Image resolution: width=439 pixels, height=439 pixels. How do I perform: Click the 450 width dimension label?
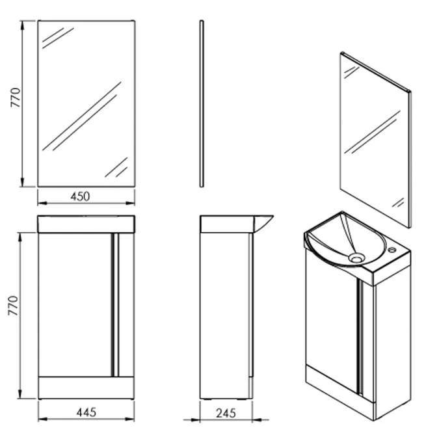tap(79, 196)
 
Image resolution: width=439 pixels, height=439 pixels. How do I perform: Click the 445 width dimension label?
tap(86, 411)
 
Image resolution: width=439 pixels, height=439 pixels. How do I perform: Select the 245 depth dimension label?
tap(224, 411)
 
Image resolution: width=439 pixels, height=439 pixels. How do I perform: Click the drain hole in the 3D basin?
tap(355, 258)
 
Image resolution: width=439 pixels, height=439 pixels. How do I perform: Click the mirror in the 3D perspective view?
tap(374, 140)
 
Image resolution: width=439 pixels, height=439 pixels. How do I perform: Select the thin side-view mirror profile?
tap(202, 104)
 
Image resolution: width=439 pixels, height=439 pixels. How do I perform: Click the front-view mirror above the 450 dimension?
tap(86, 104)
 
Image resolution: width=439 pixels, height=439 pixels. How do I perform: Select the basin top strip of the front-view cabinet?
tap(86, 223)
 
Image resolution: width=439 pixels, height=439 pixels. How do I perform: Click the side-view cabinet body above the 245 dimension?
tap(224, 312)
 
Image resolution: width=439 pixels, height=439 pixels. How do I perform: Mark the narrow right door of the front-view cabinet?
tap(126, 304)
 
